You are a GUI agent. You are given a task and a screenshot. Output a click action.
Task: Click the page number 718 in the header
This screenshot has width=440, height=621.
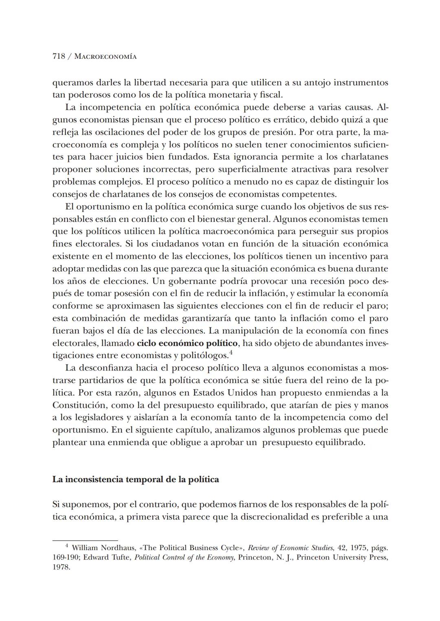59,57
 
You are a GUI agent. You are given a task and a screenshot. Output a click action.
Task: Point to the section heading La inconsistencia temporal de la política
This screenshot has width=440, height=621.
135,479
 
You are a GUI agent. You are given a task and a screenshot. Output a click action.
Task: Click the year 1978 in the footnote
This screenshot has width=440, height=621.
61,567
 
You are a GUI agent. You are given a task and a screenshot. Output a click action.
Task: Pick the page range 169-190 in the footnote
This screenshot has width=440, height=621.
66,557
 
